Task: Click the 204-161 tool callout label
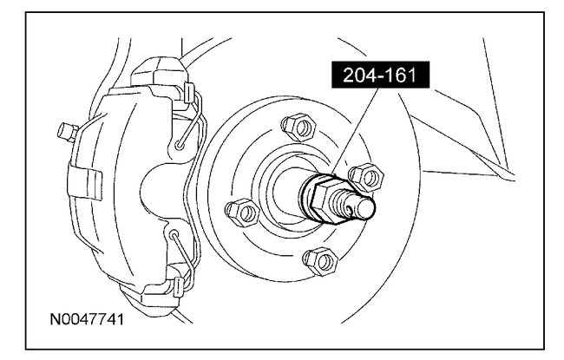pos(381,75)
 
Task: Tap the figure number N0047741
pos(87,319)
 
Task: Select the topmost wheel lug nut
pos(298,128)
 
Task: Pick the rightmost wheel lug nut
pos(366,177)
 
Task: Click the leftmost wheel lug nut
pos(242,213)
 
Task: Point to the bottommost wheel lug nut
pos(320,261)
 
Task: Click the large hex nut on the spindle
pos(326,200)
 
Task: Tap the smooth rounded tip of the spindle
pos(366,207)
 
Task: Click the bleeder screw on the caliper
pos(68,132)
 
